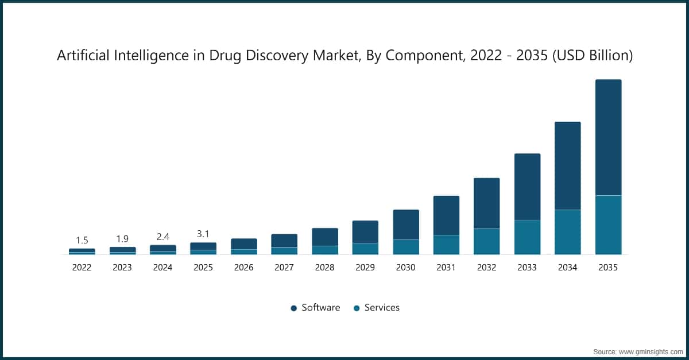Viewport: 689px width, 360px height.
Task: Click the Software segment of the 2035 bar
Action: point(608,137)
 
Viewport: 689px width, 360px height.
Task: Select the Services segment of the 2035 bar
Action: point(608,224)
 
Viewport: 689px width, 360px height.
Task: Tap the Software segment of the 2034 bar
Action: point(567,165)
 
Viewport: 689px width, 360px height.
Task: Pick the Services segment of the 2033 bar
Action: point(527,237)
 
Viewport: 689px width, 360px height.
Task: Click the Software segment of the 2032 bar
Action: point(486,203)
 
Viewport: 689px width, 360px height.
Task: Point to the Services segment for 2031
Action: point(446,245)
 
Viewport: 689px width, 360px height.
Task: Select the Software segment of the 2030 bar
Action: point(406,224)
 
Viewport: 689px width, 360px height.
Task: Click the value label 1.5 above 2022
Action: point(82,240)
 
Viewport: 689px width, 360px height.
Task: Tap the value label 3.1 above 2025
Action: point(203,234)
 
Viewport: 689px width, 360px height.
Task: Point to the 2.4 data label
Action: point(162,237)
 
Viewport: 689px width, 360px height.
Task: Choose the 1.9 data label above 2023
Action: point(122,238)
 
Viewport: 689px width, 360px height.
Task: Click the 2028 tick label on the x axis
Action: point(325,267)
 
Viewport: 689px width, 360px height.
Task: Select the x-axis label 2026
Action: point(244,267)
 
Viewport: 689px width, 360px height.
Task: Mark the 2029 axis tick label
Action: point(365,267)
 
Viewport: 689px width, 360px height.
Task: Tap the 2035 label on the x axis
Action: point(608,267)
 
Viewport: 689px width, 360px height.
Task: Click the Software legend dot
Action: point(294,308)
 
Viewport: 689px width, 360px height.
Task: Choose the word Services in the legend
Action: point(382,308)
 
